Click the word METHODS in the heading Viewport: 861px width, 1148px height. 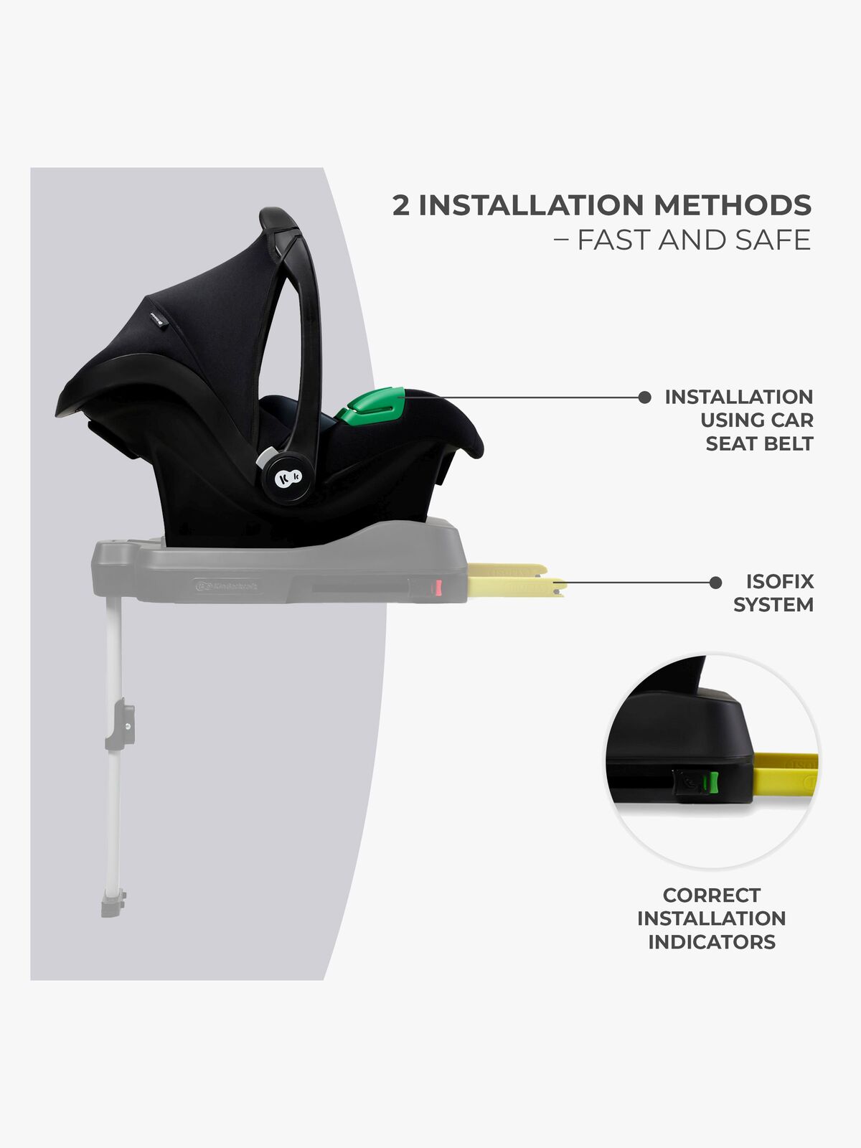click(x=733, y=205)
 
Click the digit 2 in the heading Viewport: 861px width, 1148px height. click(x=401, y=205)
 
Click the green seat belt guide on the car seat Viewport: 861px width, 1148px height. click(x=371, y=404)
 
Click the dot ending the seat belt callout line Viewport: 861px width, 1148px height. click(x=644, y=397)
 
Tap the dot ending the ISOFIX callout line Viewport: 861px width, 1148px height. click(x=715, y=583)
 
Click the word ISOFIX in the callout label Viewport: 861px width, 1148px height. click(x=779, y=581)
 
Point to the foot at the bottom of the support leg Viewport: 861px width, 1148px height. click(x=113, y=903)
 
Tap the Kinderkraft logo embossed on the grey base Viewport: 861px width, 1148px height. click(x=226, y=586)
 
